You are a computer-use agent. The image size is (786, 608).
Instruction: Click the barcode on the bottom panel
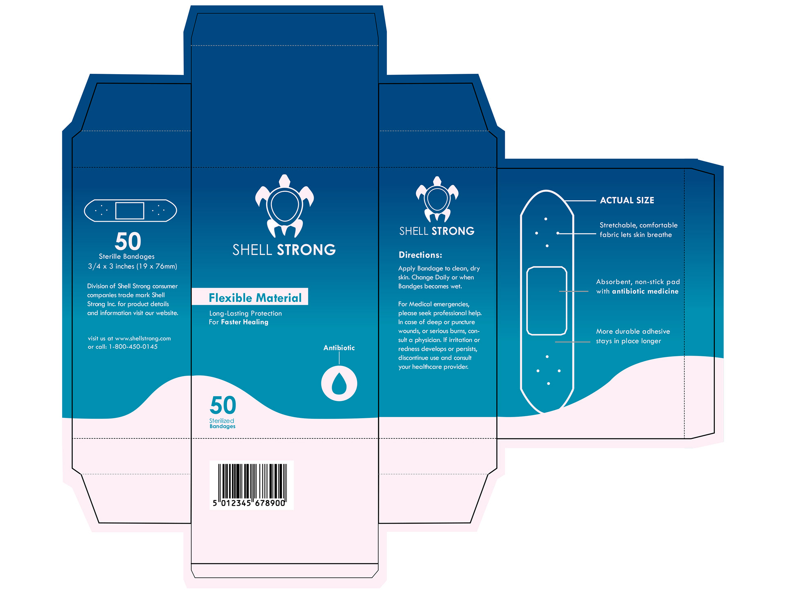tap(251, 485)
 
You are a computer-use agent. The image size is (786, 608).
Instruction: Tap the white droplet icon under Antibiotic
tap(339, 383)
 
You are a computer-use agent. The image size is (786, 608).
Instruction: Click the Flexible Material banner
tap(250, 297)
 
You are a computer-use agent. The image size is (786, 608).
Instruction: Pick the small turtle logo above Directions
tap(437, 200)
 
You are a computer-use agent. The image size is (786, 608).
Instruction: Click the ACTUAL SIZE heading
tap(627, 200)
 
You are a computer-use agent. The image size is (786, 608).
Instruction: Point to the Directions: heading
tap(420, 255)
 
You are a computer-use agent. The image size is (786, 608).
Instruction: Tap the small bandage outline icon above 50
tap(130, 211)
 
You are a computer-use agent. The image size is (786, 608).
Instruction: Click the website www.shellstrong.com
tap(143, 338)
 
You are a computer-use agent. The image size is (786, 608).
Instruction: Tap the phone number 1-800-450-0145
tap(133, 347)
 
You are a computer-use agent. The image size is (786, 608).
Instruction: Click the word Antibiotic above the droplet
tap(339, 348)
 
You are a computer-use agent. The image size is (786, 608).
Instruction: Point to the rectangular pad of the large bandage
tap(547, 301)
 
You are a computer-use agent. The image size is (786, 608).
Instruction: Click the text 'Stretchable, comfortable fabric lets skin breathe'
tap(638, 230)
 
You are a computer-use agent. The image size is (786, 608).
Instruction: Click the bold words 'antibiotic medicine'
tap(645, 291)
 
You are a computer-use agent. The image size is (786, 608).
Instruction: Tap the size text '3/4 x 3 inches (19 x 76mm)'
tap(133, 266)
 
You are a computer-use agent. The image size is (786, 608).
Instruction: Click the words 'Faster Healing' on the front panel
tap(244, 322)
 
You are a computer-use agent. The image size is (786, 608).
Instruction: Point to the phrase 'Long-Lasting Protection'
tap(246, 313)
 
